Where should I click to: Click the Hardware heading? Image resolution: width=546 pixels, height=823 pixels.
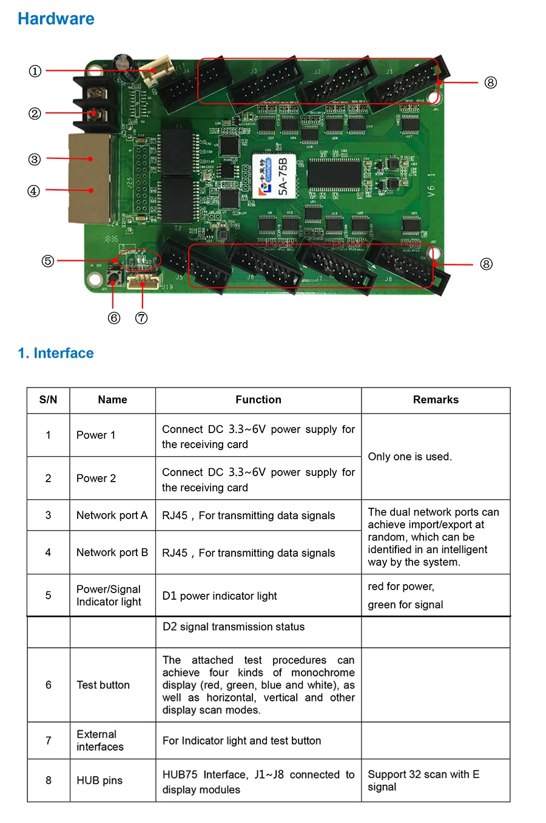coord(56,19)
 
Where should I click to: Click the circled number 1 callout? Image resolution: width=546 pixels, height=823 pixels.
coord(35,72)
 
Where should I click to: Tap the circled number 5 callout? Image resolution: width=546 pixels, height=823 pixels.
coord(48,261)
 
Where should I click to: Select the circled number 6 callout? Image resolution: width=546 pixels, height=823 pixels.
coord(114,318)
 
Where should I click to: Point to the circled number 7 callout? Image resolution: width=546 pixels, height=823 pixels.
coord(141,318)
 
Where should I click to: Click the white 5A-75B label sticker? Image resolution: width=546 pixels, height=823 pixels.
coord(274,176)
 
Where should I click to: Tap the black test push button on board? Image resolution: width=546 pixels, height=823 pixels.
coord(113,278)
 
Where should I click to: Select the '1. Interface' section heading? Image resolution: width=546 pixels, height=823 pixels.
coord(56,354)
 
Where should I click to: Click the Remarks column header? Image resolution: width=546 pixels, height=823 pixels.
coord(436,400)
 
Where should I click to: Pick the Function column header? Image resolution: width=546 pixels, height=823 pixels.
coord(258,400)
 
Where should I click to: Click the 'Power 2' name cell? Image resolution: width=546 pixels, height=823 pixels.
coord(96,479)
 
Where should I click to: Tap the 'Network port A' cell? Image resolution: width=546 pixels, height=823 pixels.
coord(112,516)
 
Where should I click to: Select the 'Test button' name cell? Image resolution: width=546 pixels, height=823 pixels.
coord(103,685)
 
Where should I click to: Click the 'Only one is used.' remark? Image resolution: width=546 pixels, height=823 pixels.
coord(409,457)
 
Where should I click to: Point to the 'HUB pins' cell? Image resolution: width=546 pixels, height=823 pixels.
coord(99,781)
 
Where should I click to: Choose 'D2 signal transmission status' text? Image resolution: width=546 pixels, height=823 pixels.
coord(234,627)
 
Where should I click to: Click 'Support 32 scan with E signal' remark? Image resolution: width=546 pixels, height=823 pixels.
coord(423,781)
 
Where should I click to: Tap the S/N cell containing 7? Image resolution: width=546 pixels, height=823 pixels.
coord(49,741)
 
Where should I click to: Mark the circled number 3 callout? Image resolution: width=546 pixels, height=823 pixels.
coord(35,160)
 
